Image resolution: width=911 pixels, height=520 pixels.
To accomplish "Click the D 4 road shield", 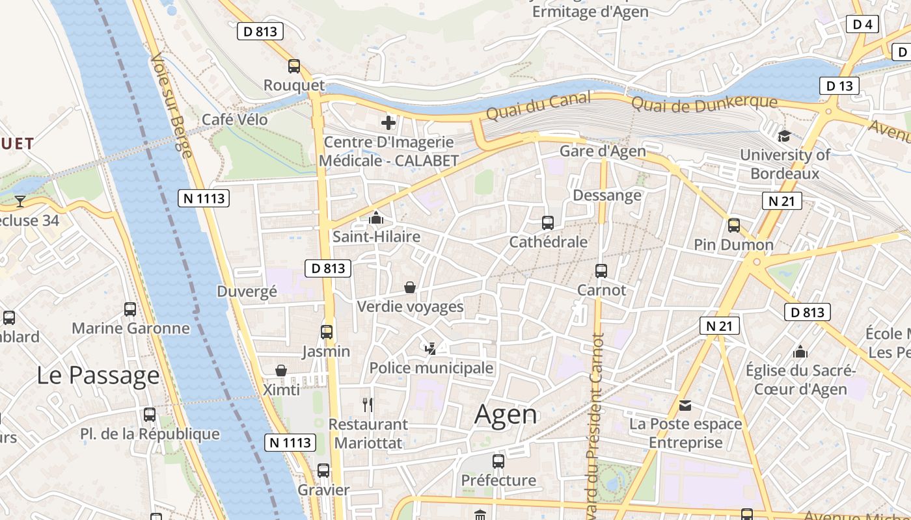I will tap(862, 24).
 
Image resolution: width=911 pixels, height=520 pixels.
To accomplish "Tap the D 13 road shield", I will tap(839, 85).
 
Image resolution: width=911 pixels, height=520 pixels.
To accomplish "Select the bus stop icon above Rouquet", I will tap(294, 66).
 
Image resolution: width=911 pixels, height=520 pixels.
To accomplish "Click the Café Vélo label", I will tap(234, 120).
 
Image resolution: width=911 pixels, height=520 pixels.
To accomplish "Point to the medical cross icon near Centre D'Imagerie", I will tap(388, 122).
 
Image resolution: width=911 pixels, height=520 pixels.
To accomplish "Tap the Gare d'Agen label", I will tap(603, 151).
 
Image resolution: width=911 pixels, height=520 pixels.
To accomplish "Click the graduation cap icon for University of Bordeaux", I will tap(784, 136).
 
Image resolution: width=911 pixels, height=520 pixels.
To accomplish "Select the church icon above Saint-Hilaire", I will tap(376, 218).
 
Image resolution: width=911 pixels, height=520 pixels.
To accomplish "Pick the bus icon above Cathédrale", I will tap(548, 223).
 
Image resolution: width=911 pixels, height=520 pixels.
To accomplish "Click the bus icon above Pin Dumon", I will tap(734, 226).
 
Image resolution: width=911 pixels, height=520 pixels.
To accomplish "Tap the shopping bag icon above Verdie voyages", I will tap(410, 287).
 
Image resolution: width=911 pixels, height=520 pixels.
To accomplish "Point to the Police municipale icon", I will tap(430, 349).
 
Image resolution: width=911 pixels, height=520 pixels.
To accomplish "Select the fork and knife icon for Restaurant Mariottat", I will tap(368, 405).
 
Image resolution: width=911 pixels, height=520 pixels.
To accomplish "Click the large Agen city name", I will tap(506, 414).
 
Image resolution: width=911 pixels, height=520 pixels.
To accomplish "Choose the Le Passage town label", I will tap(98, 375).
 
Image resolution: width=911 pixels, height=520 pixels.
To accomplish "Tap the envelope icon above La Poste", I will tap(685, 406).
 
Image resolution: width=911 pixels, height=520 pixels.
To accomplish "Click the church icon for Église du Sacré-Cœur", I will tap(800, 352).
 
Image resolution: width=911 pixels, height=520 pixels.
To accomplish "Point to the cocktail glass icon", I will tap(20, 201).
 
